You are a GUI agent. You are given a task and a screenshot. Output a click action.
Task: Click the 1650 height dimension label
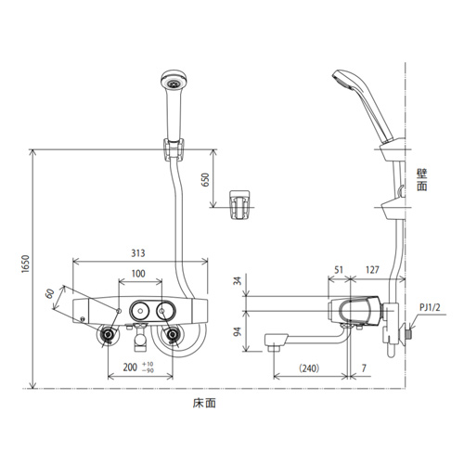tap(25, 264)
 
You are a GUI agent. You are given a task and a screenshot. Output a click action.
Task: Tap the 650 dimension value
tap(205, 180)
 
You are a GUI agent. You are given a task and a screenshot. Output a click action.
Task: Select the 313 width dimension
tap(138, 253)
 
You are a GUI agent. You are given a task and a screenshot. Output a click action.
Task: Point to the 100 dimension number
tap(138, 274)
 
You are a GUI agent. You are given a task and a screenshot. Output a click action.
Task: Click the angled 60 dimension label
tap(50, 293)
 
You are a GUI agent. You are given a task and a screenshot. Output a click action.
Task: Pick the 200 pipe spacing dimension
tap(130, 367)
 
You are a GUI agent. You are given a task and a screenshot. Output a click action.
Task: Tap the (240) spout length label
tap(309, 368)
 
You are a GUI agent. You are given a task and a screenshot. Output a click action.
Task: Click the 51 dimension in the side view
tap(339, 270)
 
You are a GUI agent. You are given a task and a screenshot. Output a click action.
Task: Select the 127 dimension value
tap(372, 270)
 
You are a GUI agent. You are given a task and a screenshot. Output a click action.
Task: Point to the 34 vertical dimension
tap(238, 281)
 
